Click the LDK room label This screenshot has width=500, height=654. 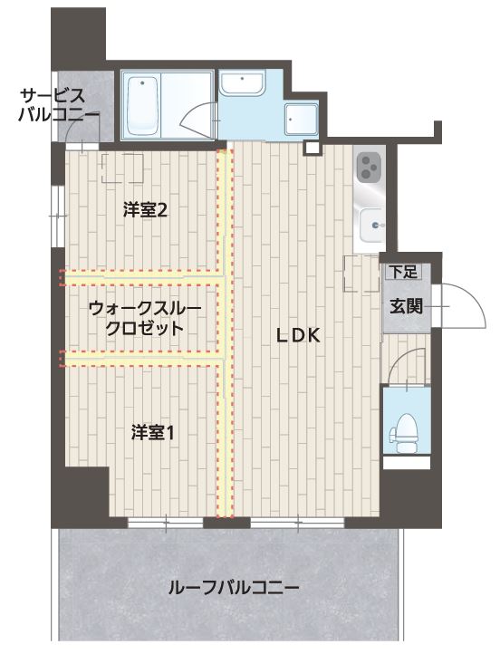pos(298,335)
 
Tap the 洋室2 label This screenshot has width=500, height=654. pos(145,210)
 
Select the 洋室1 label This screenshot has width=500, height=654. pos(152,432)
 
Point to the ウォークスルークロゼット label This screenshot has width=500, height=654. pos(145,319)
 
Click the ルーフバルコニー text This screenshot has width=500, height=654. pos(234,589)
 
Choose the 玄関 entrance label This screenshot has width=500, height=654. pos(406,306)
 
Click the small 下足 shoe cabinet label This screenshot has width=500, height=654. pos(404,272)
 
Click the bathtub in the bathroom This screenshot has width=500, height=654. pos(142,106)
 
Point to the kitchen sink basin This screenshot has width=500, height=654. pos(371,226)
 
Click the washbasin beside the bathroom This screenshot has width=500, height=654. pos(242,82)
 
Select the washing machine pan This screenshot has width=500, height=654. pos(302,120)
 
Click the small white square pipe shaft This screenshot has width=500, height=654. pos(312,148)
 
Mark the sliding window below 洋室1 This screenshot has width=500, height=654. pos(166,523)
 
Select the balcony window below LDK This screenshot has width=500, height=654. pos(297,523)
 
